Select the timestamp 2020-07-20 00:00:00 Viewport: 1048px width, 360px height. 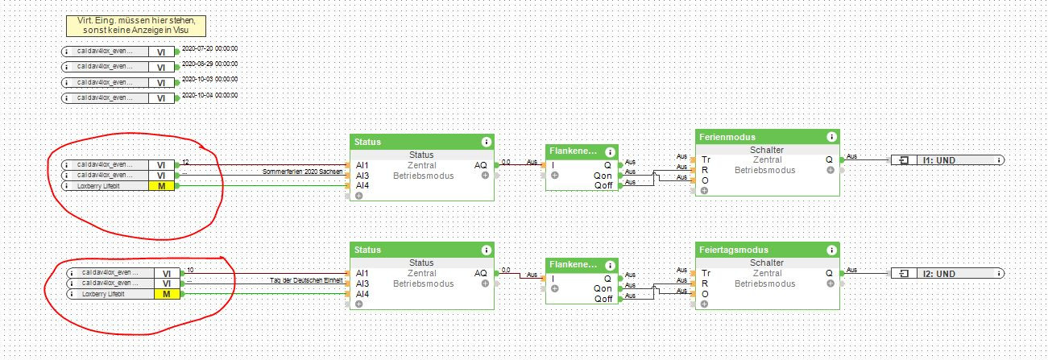(210, 49)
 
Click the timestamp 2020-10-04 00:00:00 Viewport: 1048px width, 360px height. (210, 96)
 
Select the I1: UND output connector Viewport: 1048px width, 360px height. (947, 160)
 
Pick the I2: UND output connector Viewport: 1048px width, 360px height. (947, 273)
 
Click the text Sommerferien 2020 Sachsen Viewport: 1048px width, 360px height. (303, 172)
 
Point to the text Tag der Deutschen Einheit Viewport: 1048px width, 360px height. (307, 279)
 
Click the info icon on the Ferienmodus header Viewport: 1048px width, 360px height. (831, 137)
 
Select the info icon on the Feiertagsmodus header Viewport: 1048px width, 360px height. (831, 250)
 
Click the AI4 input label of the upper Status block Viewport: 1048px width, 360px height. (363, 185)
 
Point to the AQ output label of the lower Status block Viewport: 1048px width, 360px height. (480, 273)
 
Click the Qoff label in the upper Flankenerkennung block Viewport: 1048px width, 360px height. (603, 185)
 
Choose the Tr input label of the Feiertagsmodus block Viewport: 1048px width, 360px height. (706, 273)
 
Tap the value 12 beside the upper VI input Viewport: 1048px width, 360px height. (186, 162)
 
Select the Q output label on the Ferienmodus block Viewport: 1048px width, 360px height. (830, 159)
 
